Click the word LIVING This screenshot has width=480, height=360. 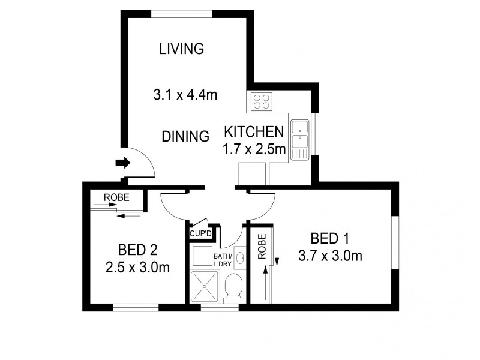[181, 49]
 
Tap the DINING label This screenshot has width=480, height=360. [185, 136]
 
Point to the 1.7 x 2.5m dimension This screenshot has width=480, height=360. [254, 149]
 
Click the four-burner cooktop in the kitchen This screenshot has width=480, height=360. [261, 101]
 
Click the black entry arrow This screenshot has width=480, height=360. [122, 162]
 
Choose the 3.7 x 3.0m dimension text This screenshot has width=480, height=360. [330, 256]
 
